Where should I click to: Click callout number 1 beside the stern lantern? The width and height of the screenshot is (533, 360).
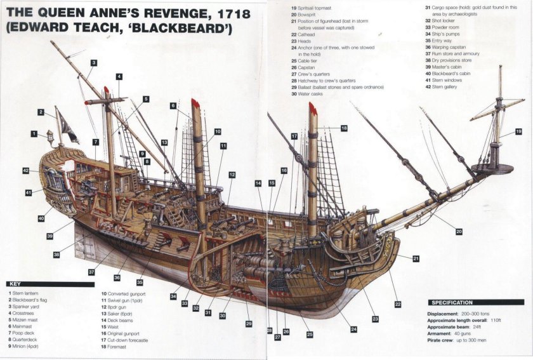(x=34, y=134)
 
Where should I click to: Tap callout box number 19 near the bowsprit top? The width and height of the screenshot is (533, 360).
(x=518, y=131)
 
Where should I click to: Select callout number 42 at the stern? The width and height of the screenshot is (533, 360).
(x=26, y=170)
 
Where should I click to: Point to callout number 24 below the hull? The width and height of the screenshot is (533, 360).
(x=353, y=329)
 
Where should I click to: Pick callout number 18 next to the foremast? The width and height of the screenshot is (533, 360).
(x=343, y=128)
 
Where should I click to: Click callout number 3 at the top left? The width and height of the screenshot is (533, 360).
(x=93, y=63)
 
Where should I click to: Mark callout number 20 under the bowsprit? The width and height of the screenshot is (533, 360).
(x=459, y=231)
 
